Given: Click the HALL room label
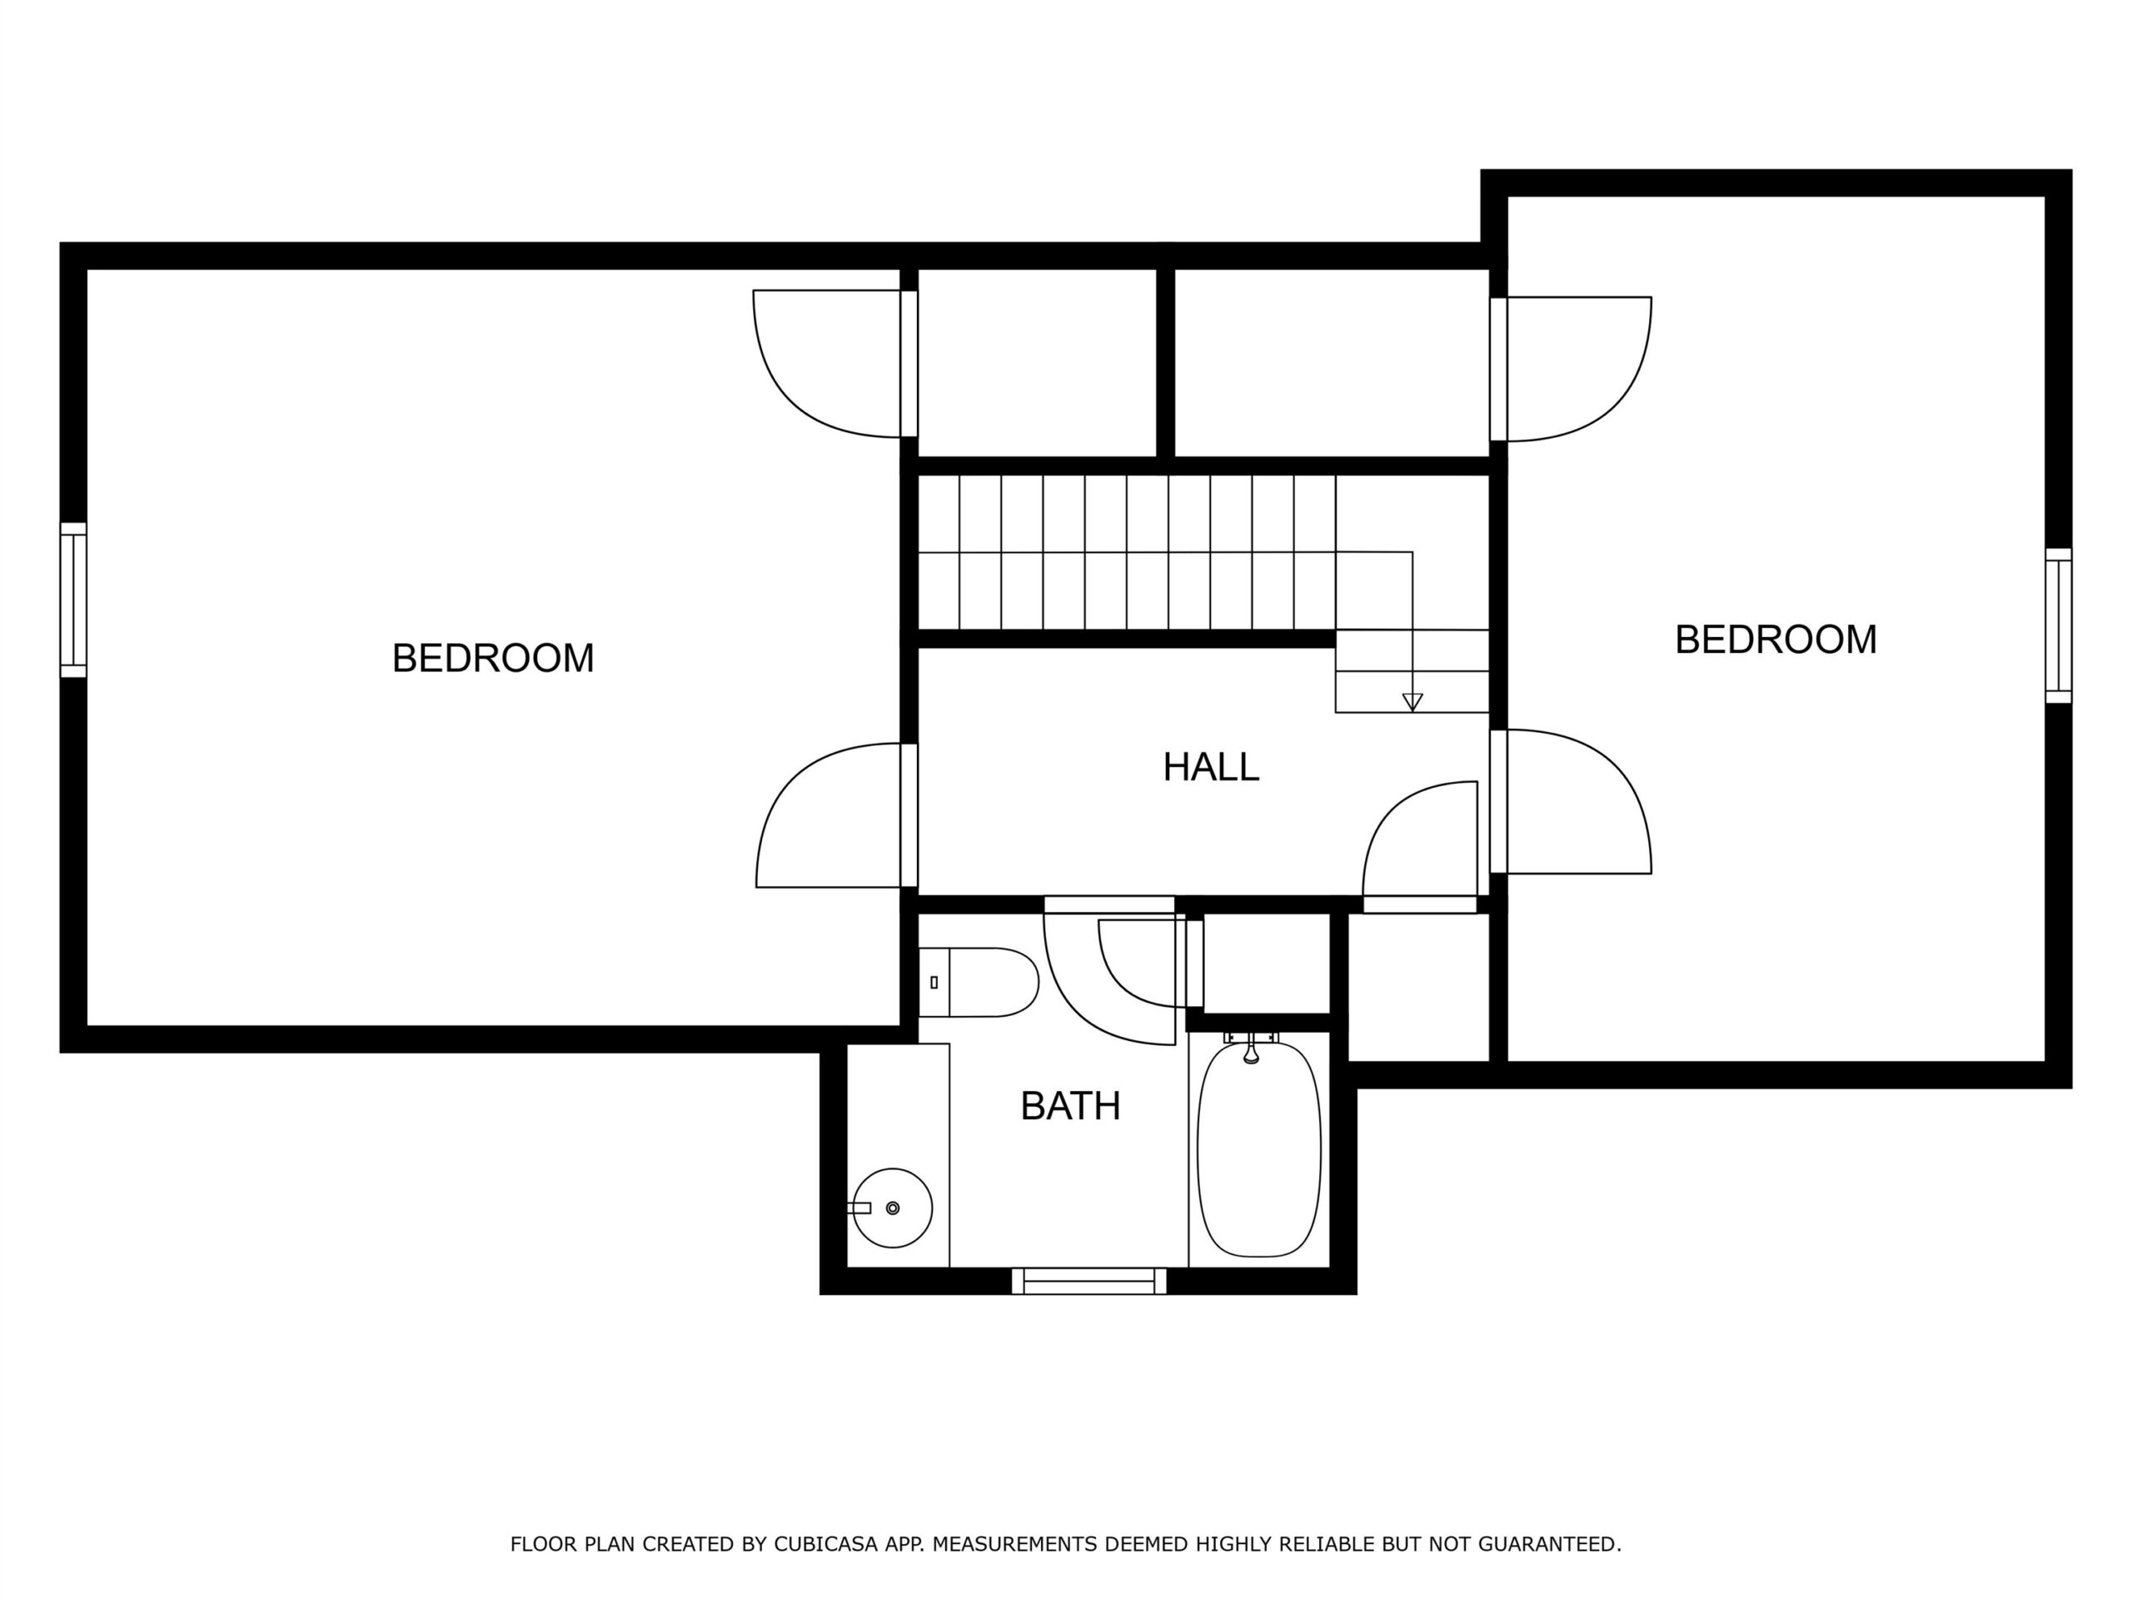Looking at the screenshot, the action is [1211, 767].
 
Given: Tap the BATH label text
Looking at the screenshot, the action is [1071, 1107].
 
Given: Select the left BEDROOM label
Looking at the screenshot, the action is [492, 658].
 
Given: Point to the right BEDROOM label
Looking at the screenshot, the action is [1776, 640].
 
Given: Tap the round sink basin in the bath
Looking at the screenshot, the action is [893, 1208].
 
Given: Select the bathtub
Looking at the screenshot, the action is [1258, 1149].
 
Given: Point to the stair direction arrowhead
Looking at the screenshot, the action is [1412, 702].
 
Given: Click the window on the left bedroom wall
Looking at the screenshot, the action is [73, 600].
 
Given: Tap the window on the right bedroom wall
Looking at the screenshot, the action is [2058, 625].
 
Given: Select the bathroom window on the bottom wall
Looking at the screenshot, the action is [1089, 1281].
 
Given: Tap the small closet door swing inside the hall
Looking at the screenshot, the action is [1388, 814].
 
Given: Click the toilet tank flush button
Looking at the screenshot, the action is [934, 982].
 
